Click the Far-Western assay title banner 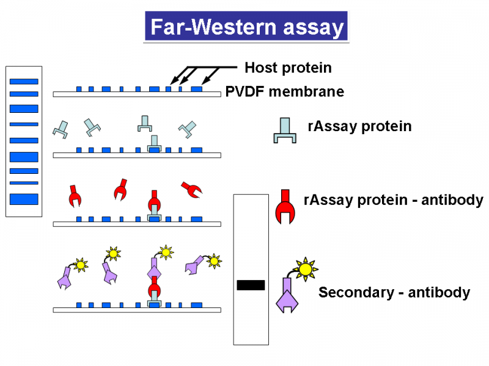[x=246, y=26]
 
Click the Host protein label [x=288, y=68]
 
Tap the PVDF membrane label [x=284, y=91]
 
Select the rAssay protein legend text [x=359, y=126]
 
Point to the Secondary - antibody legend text [x=394, y=293]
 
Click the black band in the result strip [x=251, y=285]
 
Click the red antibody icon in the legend [x=285, y=207]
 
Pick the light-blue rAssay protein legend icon [x=285, y=131]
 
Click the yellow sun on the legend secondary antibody [x=305, y=268]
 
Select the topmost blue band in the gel [x=24, y=82]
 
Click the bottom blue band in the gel [x=24, y=199]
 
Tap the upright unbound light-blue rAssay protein [x=145, y=124]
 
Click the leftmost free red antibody [x=75, y=196]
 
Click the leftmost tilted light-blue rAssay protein [x=61, y=129]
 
